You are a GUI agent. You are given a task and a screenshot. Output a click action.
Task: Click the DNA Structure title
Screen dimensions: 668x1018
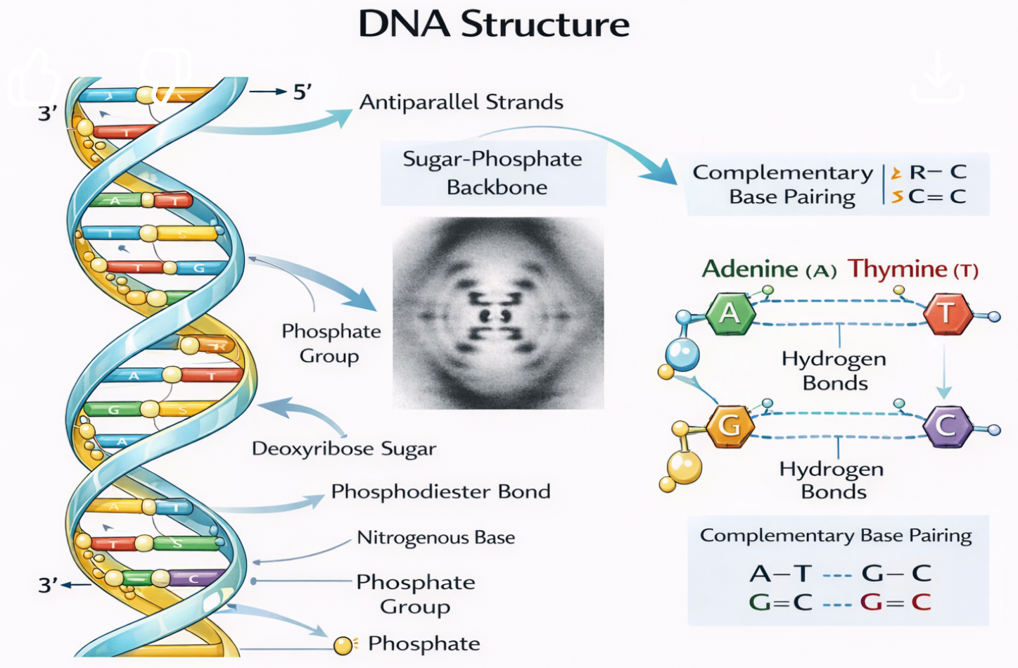point(494,24)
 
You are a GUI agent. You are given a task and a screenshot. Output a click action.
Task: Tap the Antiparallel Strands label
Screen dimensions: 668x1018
point(462,103)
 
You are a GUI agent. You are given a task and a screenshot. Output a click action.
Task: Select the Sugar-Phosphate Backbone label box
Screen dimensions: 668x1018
point(493,173)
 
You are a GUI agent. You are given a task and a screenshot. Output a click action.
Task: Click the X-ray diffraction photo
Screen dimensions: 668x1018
point(498,314)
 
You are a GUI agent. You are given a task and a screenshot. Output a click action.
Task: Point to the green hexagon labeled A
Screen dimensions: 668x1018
point(730,313)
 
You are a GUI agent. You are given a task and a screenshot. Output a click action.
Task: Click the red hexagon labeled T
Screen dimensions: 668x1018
point(947,313)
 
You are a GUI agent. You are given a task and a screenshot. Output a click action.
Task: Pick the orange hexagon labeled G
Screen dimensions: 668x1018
point(730,426)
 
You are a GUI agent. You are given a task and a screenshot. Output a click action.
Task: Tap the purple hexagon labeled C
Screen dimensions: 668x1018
point(947,426)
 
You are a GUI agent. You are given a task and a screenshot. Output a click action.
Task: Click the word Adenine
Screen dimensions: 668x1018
point(750,269)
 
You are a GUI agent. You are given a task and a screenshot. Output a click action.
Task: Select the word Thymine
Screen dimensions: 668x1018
point(897,269)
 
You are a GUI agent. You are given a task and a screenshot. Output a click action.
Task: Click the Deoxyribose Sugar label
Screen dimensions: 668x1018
point(344,449)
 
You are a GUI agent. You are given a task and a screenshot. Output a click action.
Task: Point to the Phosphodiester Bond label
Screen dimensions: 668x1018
point(441,491)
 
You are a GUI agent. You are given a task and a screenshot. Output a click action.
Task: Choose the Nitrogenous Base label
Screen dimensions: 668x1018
point(436,538)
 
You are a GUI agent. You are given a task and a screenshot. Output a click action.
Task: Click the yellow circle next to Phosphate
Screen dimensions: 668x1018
point(343,645)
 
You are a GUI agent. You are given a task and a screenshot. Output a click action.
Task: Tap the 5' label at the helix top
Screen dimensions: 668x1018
point(303,92)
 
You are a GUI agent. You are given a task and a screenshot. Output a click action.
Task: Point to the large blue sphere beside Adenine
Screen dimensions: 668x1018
point(682,353)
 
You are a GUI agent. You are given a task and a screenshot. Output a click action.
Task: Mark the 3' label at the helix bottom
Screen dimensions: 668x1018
point(48,584)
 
